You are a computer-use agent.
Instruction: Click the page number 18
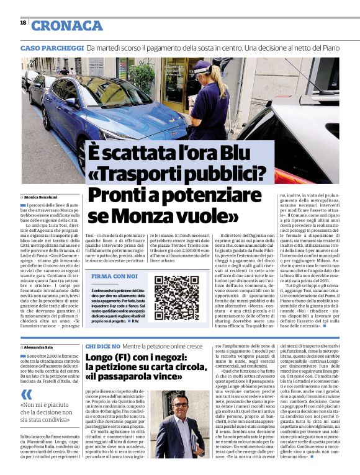(x=23, y=23)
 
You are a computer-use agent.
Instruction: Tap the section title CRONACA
(x=67, y=25)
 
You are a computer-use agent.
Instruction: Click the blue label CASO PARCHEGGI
(x=52, y=47)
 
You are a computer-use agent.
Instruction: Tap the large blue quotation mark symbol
(x=25, y=377)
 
